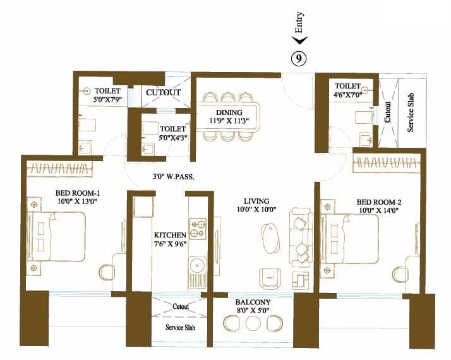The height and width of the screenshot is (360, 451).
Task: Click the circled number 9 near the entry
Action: point(299,58)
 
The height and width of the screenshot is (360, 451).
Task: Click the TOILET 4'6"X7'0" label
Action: point(348,90)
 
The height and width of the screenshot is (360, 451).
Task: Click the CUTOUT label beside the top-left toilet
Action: point(164,92)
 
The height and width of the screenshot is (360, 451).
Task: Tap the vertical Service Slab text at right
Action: point(410,114)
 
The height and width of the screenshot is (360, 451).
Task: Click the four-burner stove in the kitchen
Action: point(198,225)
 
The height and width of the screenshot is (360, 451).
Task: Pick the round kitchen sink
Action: point(198,263)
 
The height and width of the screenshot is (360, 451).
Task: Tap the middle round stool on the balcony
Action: point(253,323)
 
